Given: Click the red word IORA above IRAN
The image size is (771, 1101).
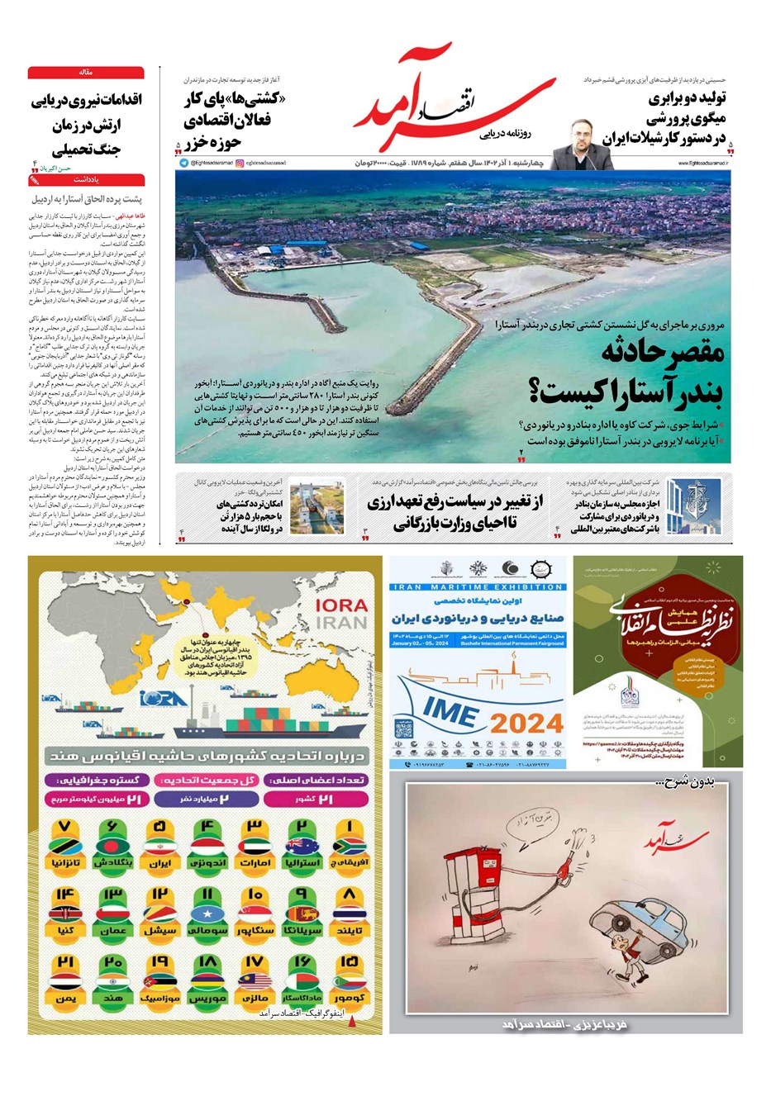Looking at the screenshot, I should point(341,605).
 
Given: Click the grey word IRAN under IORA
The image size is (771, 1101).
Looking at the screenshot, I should point(341,623).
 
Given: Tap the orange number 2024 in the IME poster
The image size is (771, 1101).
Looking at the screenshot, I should point(526,724).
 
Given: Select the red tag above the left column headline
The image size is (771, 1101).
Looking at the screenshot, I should point(86,73).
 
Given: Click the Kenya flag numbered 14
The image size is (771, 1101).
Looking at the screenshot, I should point(65,913).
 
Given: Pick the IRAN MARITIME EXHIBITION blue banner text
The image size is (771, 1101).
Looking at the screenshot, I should point(478,587).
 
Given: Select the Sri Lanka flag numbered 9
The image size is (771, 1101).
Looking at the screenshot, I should point(302,913).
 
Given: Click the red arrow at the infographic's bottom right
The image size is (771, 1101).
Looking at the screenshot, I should point(355,1022).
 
